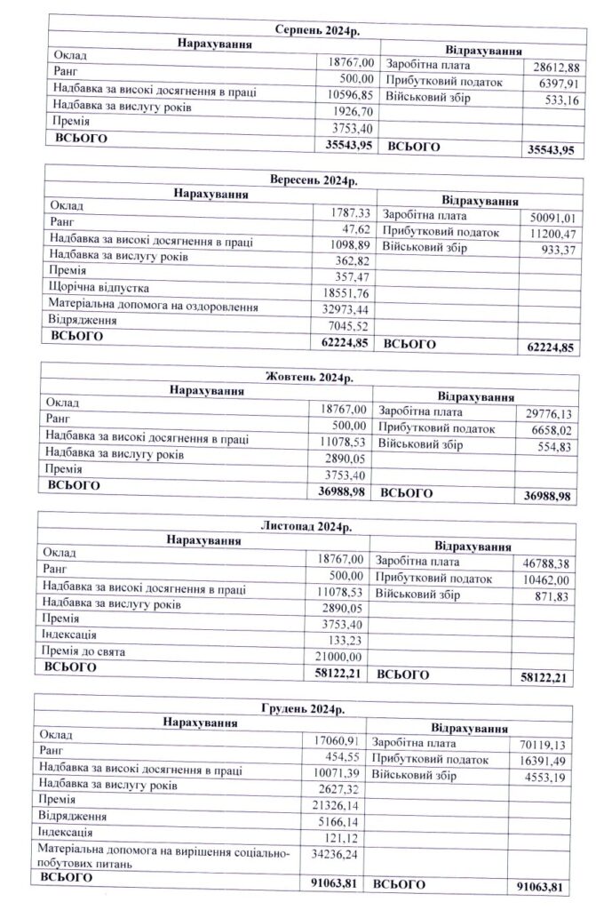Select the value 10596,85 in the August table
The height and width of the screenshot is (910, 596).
(351, 95)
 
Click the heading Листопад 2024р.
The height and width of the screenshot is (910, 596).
(306, 527)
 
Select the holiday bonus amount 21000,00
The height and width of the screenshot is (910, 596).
(341, 653)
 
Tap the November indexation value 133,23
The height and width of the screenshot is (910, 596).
(346, 635)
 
